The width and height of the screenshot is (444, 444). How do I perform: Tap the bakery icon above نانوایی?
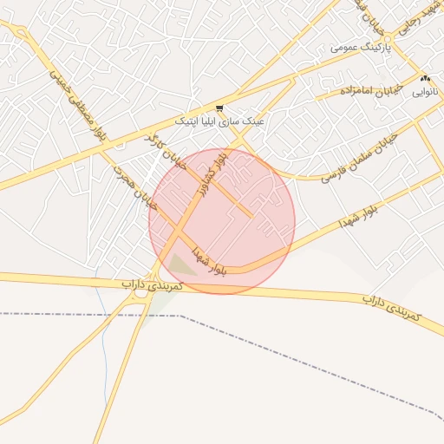click(425, 78)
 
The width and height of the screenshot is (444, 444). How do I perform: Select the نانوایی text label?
click(425, 90)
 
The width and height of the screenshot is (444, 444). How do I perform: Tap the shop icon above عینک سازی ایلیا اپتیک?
click(220, 109)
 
